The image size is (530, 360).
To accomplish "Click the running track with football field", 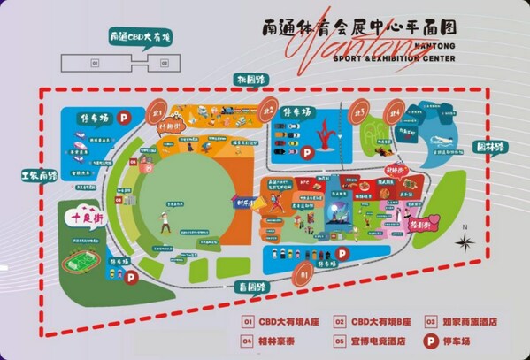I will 80,263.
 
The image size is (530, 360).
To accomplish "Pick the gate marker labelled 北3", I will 359,112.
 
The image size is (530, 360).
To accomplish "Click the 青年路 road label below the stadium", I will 257,287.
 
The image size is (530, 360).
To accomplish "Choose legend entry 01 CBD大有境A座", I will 283,321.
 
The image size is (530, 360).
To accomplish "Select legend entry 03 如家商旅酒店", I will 458,321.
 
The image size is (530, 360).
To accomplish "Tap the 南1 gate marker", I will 303,275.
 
